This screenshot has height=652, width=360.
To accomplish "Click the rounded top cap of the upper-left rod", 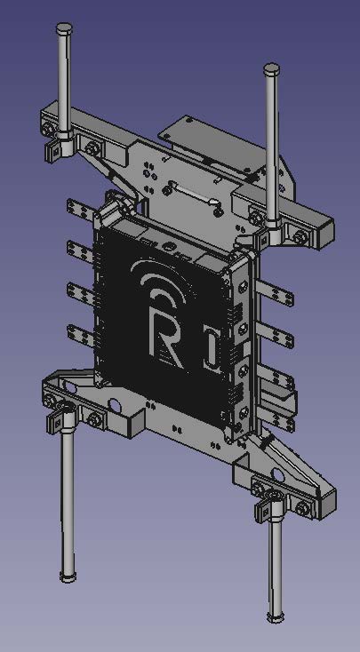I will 63,29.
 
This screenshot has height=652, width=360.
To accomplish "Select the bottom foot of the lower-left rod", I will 68,576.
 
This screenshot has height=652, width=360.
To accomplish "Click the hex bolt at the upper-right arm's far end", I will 301,236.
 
